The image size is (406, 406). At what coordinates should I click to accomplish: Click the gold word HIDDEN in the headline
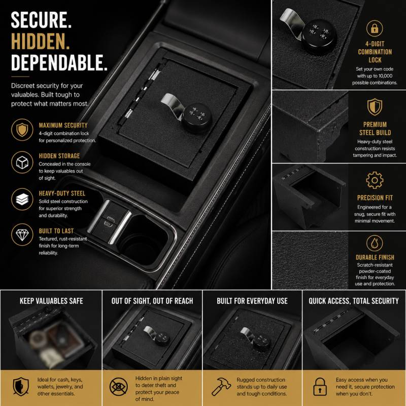(40, 41)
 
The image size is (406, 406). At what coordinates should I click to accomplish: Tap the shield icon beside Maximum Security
(22, 129)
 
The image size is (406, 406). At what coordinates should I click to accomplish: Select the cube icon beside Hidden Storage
(22, 162)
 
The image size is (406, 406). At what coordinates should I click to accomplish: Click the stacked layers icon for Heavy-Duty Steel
(22, 199)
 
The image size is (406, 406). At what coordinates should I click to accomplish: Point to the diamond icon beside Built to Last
(22, 234)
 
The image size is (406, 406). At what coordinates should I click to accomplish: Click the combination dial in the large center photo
(197, 118)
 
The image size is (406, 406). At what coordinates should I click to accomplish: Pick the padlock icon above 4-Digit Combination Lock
(375, 28)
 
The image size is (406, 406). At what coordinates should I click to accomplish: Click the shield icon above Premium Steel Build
(375, 107)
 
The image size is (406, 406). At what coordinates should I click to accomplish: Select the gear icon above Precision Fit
(375, 180)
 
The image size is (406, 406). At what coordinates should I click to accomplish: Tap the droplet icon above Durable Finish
(375, 243)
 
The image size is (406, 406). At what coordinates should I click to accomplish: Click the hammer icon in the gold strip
(221, 386)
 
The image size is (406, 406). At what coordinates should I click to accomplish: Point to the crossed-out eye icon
(119, 387)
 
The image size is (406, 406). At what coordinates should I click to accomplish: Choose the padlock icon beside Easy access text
(320, 387)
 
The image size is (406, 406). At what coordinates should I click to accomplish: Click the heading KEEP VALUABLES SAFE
(51, 301)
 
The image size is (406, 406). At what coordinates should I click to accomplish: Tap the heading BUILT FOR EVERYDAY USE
(252, 301)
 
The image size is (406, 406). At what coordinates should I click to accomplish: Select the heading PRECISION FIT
(375, 198)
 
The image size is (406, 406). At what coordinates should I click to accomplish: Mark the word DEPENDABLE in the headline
(59, 62)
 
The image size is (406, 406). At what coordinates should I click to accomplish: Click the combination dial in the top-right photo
(319, 33)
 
